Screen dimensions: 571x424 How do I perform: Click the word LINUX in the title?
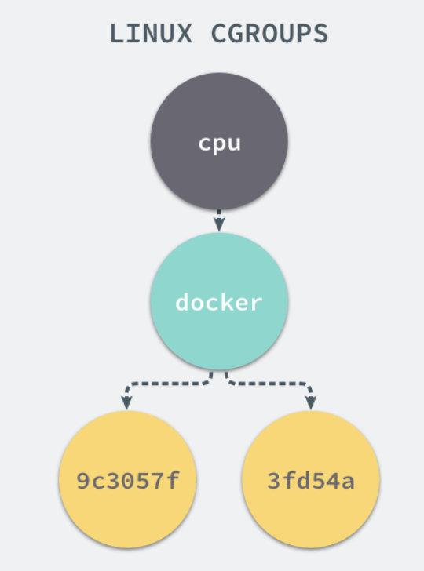click(147, 35)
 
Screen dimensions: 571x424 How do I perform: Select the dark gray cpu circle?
click(219, 143)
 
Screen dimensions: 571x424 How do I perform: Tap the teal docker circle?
click(219, 303)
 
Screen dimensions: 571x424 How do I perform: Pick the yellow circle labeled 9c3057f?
click(124, 479)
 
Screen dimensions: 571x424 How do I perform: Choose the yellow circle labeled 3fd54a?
click(312, 479)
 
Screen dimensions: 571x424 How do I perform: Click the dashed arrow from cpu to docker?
click(219, 219)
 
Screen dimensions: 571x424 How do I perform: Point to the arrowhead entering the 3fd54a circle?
click(312, 404)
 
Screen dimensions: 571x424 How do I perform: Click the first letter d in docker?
click(182, 303)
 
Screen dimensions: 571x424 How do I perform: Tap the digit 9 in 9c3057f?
click(82, 480)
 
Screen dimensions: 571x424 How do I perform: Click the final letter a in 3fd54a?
click(348, 480)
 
